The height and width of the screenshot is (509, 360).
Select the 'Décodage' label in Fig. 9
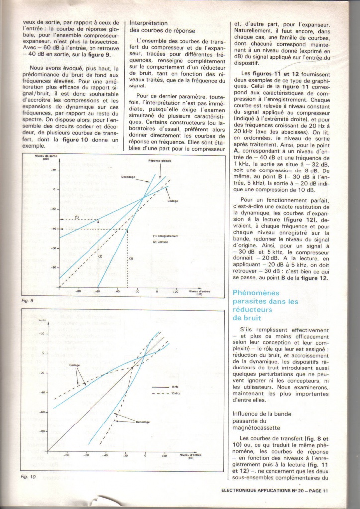click(x=128, y=177)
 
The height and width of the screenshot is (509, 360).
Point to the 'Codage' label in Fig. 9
click(x=173, y=201)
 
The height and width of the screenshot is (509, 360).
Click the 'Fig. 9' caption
click(x=28, y=301)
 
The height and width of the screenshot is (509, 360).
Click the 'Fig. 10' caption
click(x=29, y=477)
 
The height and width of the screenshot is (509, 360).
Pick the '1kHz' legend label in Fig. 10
click(x=175, y=386)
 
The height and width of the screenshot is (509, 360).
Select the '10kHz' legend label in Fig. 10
click(x=176, y=393)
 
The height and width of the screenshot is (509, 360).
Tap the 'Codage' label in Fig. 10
click(x=75, y=365)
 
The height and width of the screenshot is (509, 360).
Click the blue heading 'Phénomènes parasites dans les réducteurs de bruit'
click(x=266, y=305)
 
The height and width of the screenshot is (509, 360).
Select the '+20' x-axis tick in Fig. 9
click(x=175, y=291)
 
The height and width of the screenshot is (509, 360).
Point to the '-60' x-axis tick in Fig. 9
click(x=98, y=291)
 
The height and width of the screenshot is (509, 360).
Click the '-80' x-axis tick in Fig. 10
click(x=66, y=455)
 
